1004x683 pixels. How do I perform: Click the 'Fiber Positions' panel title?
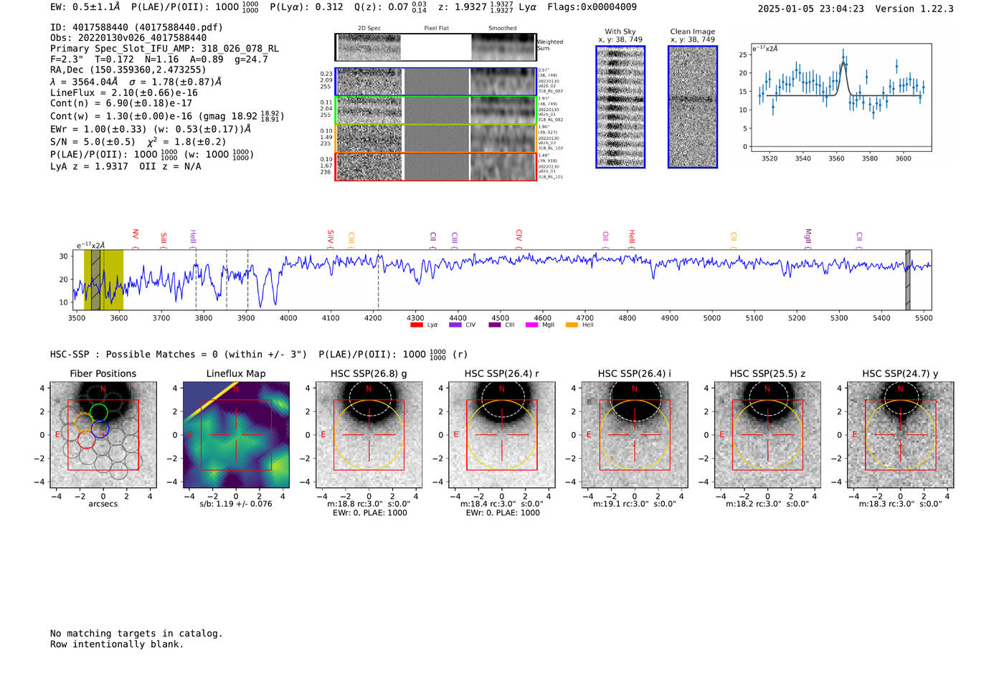(x=103, y=373)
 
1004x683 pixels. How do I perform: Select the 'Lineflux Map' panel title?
(x=236, y=373)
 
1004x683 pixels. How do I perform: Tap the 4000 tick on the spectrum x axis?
(x=288, y=318)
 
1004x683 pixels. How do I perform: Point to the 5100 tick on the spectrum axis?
(x=754, y=318)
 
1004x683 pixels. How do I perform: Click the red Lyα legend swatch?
(x=416, y=325)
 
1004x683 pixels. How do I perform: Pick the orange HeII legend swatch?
(x=572, y=325)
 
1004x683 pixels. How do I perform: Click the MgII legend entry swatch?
(x=531, y=325)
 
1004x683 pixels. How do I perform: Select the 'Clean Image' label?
(x=692, y=32)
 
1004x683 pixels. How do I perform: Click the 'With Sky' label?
(x=620, y=32)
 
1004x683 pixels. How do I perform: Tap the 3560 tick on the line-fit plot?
(x=836, y=158)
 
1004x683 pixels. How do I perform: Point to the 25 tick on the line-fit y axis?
(x=743, y=54)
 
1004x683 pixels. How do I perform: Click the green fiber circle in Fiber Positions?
(x=99, y=412)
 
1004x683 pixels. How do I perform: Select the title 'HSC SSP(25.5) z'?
(x=767, y=373)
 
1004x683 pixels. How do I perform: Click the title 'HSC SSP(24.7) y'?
(x=900, y=373)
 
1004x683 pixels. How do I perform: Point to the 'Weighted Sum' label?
(x=549, y=45)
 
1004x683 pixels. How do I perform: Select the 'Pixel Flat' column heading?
(x=436, y=29)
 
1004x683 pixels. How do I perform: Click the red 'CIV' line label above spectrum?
(x=518, y=235)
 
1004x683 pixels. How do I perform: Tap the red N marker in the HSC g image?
(x=369, y=389)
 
